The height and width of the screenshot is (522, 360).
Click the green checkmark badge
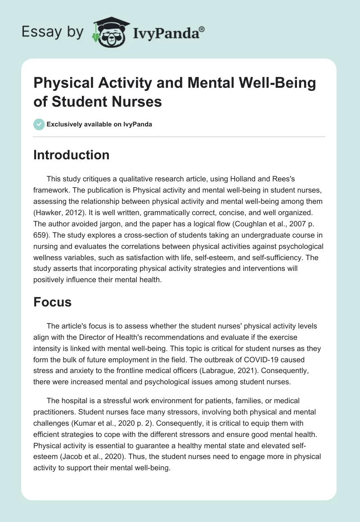point(39,124)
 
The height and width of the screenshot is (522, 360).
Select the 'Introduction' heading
point(72,155)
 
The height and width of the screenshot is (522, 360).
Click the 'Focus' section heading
point(53,302)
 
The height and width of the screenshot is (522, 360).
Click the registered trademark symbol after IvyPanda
point(202,28)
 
